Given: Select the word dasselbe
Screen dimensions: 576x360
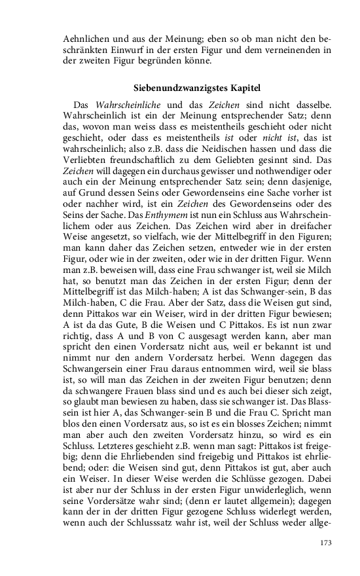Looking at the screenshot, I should [x=311, y=105].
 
